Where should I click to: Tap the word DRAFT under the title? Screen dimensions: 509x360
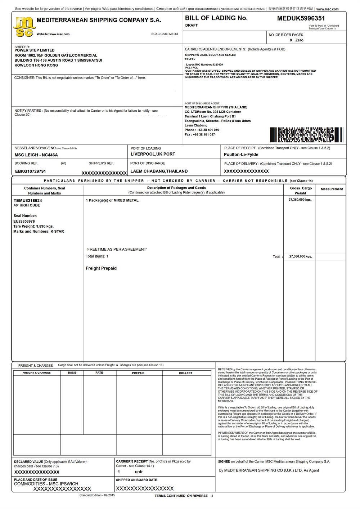191,26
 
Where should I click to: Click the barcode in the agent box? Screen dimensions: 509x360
306,135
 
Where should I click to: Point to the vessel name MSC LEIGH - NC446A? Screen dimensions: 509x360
36,155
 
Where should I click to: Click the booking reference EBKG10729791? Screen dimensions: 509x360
31,171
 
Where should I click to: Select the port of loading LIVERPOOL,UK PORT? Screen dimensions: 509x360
153,154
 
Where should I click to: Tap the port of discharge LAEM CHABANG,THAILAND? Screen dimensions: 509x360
159,171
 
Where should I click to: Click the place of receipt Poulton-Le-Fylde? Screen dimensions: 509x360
241,155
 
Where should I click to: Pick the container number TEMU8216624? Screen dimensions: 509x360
28,200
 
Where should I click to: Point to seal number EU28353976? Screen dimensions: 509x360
24,221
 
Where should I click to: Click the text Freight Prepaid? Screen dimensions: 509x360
101,268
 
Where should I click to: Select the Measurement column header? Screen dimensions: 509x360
332,189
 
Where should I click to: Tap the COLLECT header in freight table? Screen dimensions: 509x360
185,373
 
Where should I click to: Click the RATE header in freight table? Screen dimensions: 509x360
99,373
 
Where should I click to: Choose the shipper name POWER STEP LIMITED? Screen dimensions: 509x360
35,50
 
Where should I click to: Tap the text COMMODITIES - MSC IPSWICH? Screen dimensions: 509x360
46,484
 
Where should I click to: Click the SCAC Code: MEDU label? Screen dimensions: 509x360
165,34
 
